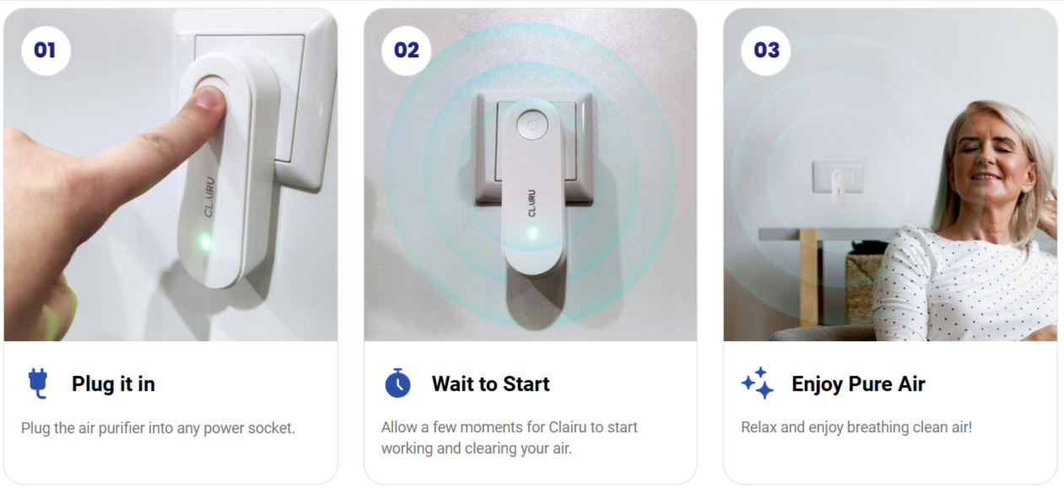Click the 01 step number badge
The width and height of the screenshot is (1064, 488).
click(x=46, y=51)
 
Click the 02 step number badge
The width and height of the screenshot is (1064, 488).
click(x=406, y=51)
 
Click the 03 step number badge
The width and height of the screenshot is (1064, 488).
click(x=766, y=51)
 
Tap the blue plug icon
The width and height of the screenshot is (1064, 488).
click(x=38, y=384)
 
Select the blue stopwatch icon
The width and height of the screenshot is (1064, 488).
click(x=398, y=384)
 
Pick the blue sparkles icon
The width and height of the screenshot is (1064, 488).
click(x=758, y=384)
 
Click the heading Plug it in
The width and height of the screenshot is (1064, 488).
click(x=113, y=384)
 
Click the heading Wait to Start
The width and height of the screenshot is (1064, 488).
click(x=490, y=384)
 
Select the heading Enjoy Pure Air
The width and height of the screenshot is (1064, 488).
click(x=858, y=384)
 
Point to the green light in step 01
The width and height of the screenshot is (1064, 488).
click(x=205, y=243)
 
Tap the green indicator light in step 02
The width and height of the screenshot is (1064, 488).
click(x=532, y=232)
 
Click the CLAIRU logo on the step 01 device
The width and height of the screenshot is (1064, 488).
click(x=209, y=197)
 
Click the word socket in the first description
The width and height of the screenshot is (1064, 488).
click(x=270, y=428)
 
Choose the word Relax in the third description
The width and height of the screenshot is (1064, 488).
click(x=759, y=427)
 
